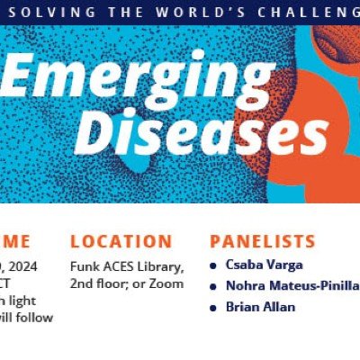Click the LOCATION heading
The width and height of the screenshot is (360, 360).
tap(121, 241)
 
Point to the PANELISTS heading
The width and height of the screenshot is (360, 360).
tap(262, 241)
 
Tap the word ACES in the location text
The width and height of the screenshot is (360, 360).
tap(122, 266)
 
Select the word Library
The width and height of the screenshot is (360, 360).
tap(163, 266)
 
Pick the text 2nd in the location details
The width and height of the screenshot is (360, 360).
tap(83, 283)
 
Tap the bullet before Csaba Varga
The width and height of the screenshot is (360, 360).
tap(212, 265)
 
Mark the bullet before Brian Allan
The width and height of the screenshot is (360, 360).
tap(212, 307)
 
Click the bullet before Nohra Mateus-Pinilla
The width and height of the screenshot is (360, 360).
tap(212, 286)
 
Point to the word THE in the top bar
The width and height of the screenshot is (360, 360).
tap(121, 11)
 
